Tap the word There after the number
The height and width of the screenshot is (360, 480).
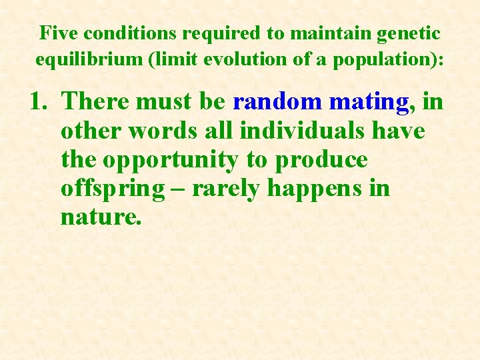pos(97,102)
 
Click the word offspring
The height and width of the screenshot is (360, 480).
pos(112,189)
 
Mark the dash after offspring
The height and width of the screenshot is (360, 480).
pos(179,189)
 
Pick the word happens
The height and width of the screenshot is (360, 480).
pos(314,189)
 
